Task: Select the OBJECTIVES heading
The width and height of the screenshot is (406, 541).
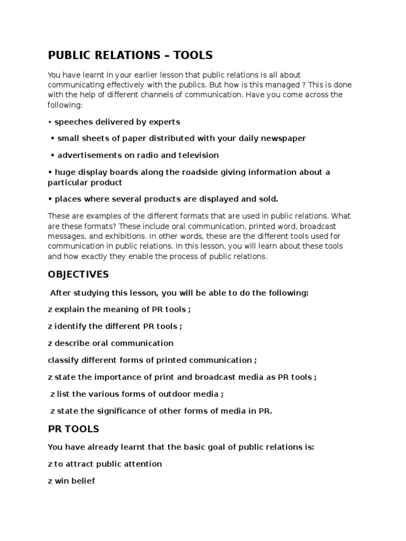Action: coord(78,274)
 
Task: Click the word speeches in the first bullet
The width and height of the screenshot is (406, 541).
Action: coord(73,122)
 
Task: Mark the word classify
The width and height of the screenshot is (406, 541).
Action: coord(63,360)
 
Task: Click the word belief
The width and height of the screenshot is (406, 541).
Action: coord(82,481)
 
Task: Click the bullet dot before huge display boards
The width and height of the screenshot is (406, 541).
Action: coord(50,172)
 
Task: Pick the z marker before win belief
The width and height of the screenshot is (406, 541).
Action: coord(50,481)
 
